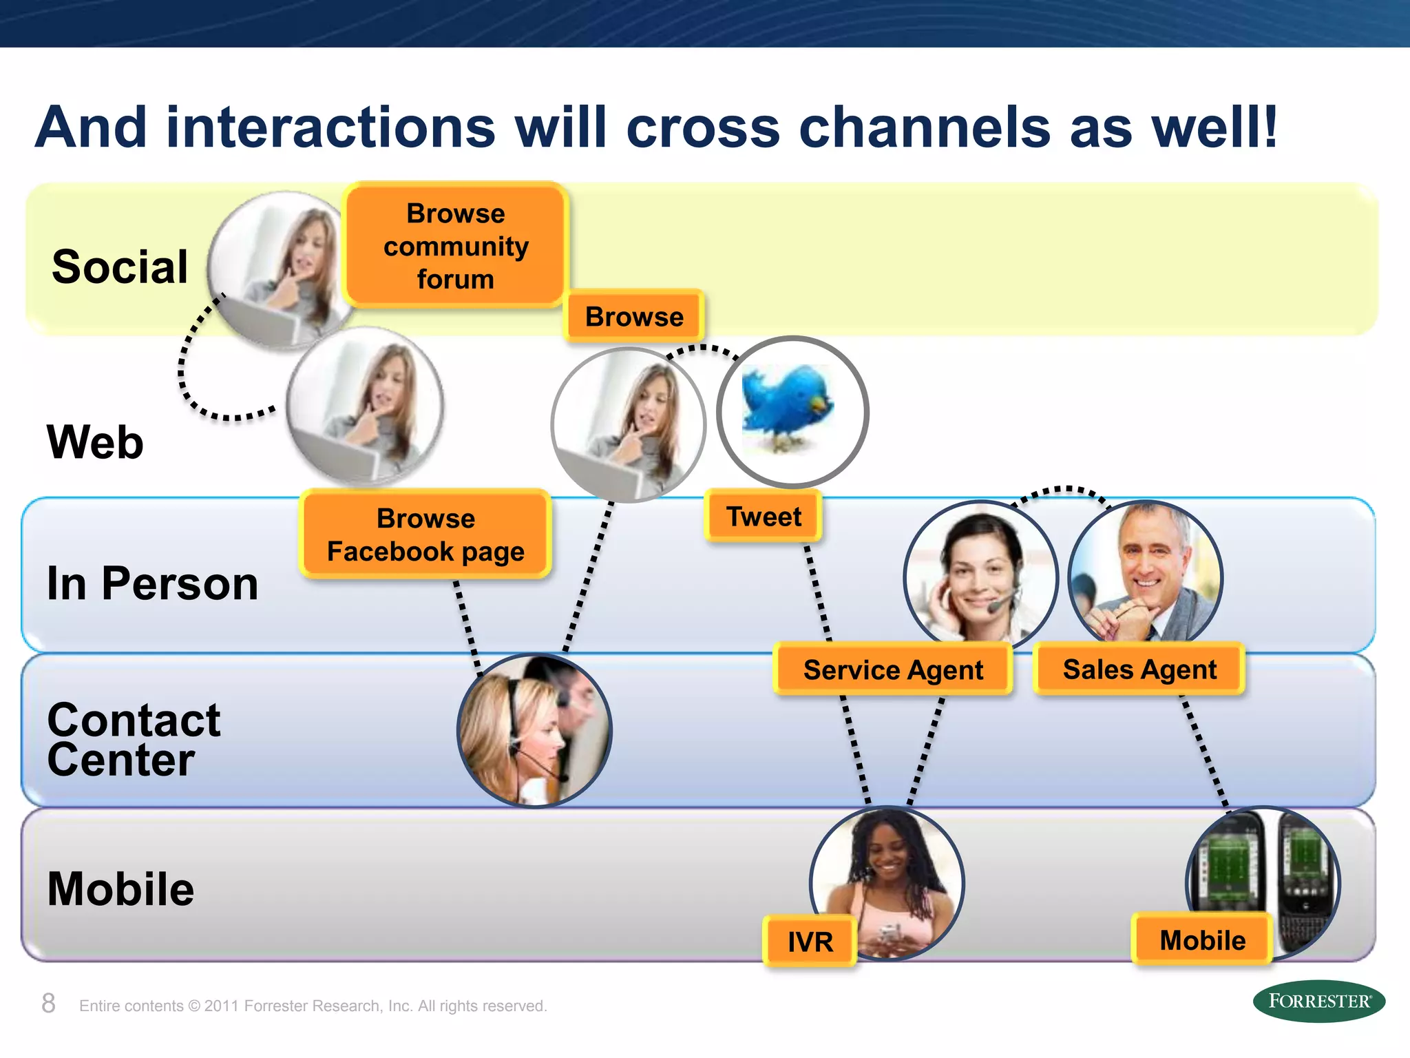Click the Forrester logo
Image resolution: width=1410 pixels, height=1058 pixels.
coord(1318,1001)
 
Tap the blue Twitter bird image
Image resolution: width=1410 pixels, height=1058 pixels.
coord(792,411)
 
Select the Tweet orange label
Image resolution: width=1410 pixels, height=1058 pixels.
coord(764,516)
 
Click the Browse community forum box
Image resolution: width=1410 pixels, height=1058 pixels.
coord(455,246)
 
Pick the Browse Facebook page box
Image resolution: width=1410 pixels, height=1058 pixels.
coord(425,535)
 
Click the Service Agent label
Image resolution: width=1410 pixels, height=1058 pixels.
coord(893,670)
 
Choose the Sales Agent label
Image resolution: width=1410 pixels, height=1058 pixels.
coord(1139,669)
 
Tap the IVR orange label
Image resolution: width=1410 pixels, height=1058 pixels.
coord(810,941)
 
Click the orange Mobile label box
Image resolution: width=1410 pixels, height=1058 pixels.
coord(1202,940)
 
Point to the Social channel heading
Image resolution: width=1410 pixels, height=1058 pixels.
coord(120,267)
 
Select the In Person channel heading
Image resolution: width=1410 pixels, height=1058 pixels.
coord(152,583)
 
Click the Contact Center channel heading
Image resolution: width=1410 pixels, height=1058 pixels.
coord(134,740)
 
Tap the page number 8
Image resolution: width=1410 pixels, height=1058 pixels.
coord(48,1004)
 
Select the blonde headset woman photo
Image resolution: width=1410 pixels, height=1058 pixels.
coord(534,730)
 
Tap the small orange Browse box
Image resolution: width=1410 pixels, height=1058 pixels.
coord(633,317)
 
